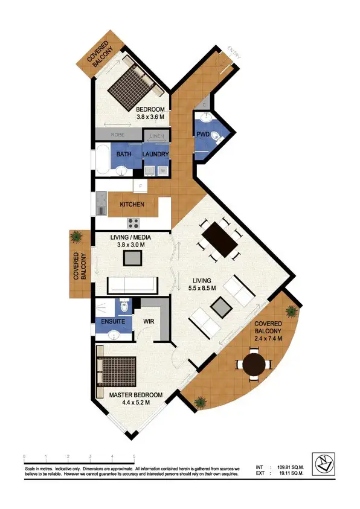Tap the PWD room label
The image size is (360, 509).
tap(202, 136)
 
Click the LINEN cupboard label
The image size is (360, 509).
tap(156, 136)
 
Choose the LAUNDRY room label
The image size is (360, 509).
tap(155, 155)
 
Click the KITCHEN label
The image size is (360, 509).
tap(132, 205)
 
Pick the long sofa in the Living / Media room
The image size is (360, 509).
tap(131, 284)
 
